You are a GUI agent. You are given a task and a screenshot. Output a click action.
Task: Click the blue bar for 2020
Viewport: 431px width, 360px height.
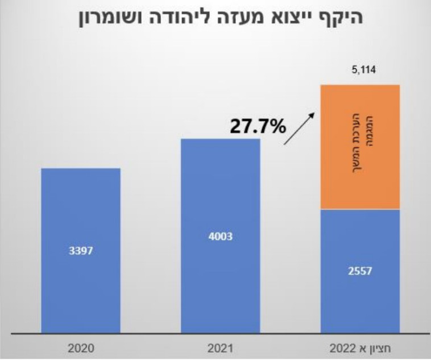80,250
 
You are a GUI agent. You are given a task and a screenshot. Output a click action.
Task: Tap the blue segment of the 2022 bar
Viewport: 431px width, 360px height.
360,271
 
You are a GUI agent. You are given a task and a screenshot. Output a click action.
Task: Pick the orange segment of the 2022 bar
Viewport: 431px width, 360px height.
360,147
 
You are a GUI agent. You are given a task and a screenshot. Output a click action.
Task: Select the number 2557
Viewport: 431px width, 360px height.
360,271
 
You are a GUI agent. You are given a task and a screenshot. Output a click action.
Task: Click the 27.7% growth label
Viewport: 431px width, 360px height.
258,126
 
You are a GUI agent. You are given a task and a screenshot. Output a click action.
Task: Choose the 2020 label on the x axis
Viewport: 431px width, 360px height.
80,346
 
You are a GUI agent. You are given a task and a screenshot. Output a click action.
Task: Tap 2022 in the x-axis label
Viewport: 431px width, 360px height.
346,346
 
